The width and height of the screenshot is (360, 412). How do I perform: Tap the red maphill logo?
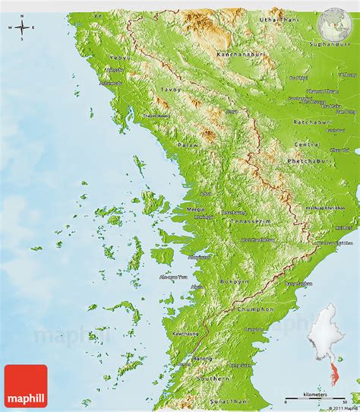[x=26, y=385]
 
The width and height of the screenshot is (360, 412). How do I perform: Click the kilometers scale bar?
[x=313, y=398]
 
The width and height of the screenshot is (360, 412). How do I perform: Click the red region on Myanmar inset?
[x=334, y=370]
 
